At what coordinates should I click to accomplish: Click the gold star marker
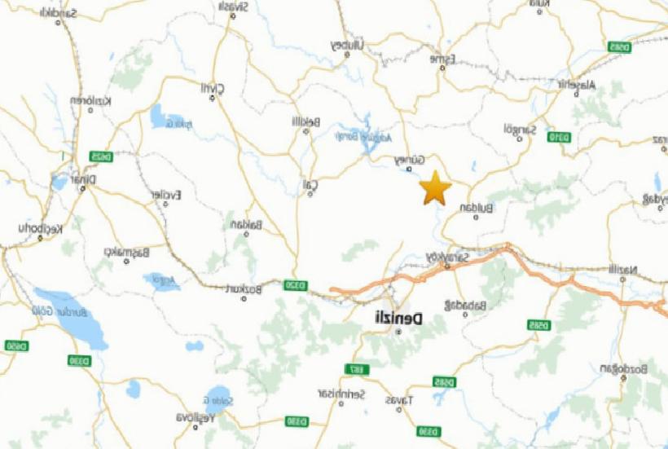[436, 188]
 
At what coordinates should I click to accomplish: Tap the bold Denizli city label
[398, 319]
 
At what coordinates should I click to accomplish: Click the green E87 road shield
[357, 370]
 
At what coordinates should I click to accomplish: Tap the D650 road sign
[15, 346]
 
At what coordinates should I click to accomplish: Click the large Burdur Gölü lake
[70, 318]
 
